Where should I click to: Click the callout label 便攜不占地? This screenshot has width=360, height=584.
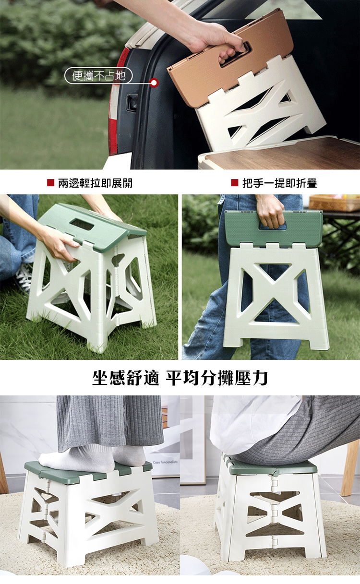pos(98,76)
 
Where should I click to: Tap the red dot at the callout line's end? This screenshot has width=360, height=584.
pos(155,83)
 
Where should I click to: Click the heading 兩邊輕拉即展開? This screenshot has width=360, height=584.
pos(95,183)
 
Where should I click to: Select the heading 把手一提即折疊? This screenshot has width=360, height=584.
pos(280,183)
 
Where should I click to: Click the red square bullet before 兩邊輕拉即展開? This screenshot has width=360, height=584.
pos(50,182)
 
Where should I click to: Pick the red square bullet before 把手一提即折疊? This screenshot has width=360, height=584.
pos(235,182)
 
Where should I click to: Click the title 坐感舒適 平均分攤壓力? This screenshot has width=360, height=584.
pos(180,378)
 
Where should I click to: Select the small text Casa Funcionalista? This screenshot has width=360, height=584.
pos(165,462)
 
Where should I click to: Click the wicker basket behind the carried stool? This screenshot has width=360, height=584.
pos(334,203)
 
